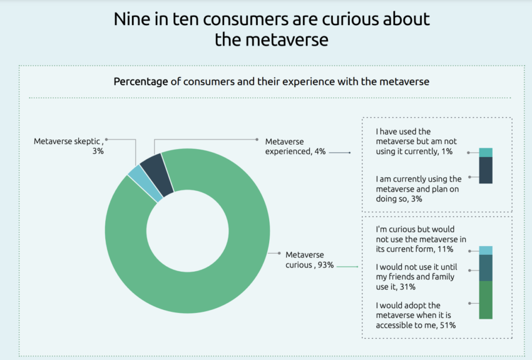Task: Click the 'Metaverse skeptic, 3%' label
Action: click(69, 146)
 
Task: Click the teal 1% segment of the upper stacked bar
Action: click(486, 152)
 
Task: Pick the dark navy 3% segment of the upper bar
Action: click(486, 170)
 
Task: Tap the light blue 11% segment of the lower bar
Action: click(486, 250)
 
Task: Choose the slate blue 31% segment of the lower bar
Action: click(486, 268)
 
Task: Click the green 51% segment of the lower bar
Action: click(486, 300)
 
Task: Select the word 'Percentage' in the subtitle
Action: click(141, 81)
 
